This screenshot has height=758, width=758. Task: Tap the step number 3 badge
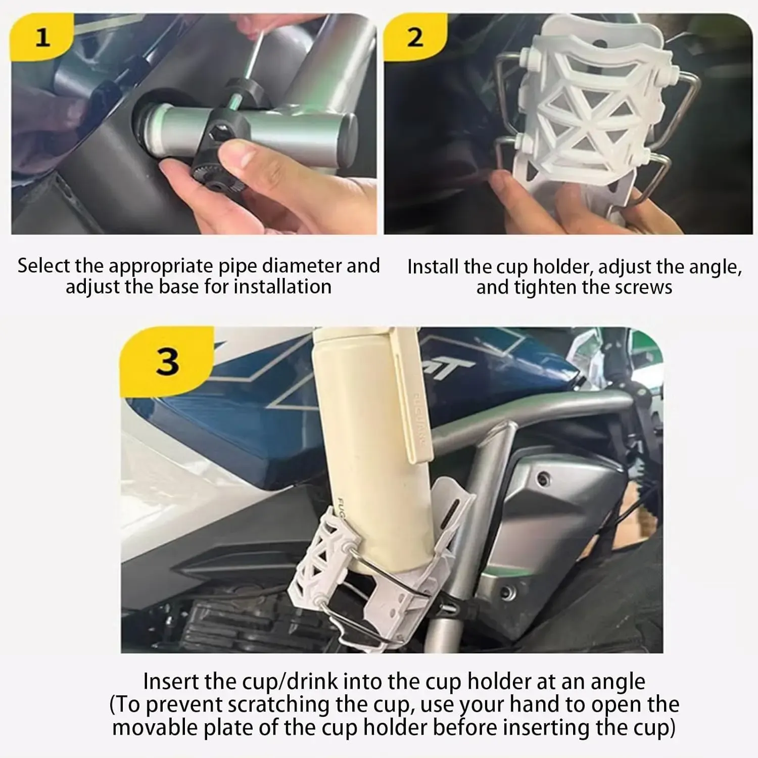pyautogui.click(x=167, y=361)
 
